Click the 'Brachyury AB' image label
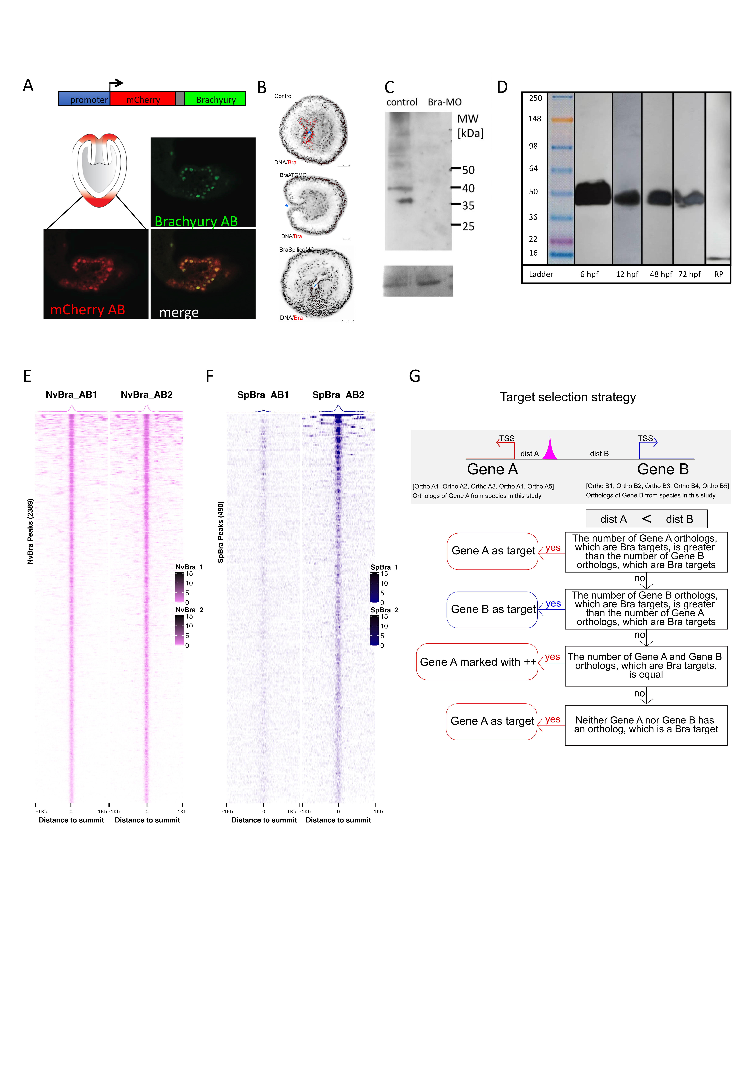click(x=196, y=221)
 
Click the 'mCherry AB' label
click(x=88, y=310)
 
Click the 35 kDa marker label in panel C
click(x=468, y=206)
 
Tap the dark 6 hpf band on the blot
click(x=592, y=193)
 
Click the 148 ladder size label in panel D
click(x=534, y=119)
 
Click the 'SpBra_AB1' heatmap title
click(x=263, y=394)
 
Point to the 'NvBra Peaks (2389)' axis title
click(x=30, y=531)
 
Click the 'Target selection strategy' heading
click(x=568, y=397)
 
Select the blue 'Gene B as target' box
click(x=492, y=609)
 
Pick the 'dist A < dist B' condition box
click(x=646, y=519)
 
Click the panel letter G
click(x=415, y=376)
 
